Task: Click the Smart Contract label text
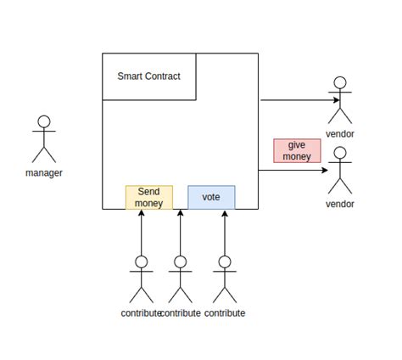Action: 148,76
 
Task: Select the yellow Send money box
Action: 148,197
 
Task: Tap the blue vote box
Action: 211,197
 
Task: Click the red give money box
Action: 297,150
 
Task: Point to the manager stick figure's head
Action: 44,122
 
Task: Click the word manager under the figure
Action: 44,173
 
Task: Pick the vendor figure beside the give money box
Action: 340,171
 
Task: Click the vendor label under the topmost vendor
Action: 340,134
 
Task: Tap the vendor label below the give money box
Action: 340,204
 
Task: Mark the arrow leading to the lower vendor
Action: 293,171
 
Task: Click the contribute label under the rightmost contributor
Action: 225,313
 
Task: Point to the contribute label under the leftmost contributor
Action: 140,313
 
